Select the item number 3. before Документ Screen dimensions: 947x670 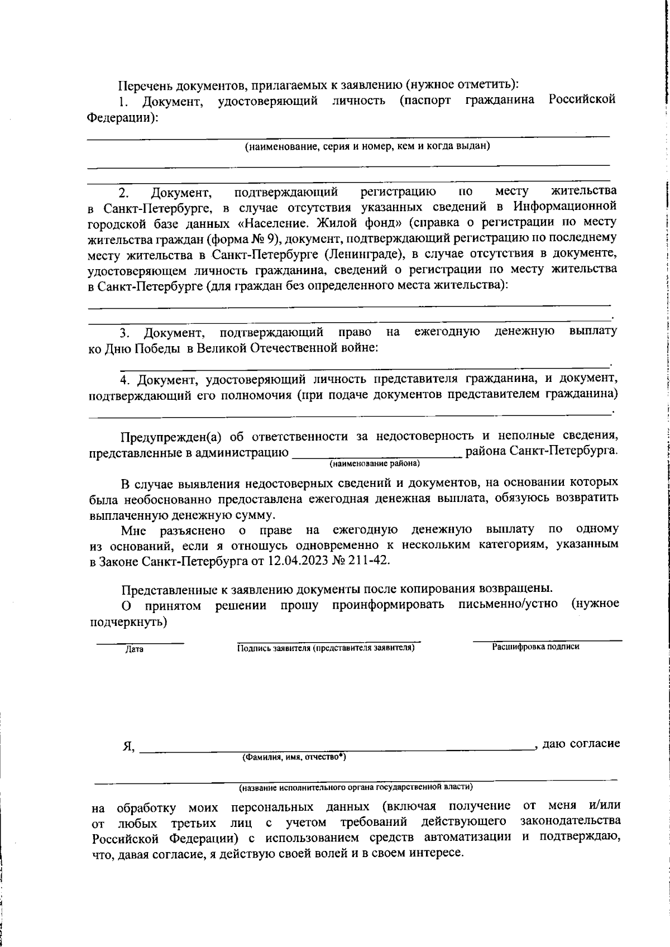pos(125,333)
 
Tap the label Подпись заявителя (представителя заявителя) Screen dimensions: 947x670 pos(326,648)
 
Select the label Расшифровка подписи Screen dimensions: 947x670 pos(535,647)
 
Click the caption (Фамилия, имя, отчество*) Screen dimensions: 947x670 pos(294,758)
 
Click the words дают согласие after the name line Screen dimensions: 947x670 pos(581,744)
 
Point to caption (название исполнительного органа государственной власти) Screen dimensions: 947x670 pos(356,787)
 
